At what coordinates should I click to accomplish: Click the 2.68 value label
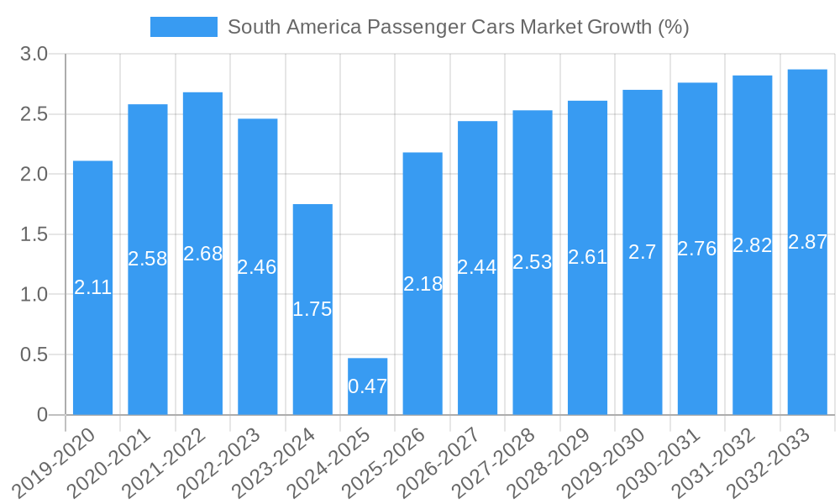tap(202, 254)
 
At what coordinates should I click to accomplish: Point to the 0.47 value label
tap(368, 386)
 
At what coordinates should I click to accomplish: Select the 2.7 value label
tap(643, 252)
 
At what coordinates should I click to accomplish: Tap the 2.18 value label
tap(423, 284)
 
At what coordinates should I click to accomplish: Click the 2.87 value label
tap(807, 242)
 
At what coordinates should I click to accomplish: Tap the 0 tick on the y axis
tap(43, 415)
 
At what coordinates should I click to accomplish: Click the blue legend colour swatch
tap(183, 27)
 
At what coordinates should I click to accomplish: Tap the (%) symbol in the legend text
tap(673, 27)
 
